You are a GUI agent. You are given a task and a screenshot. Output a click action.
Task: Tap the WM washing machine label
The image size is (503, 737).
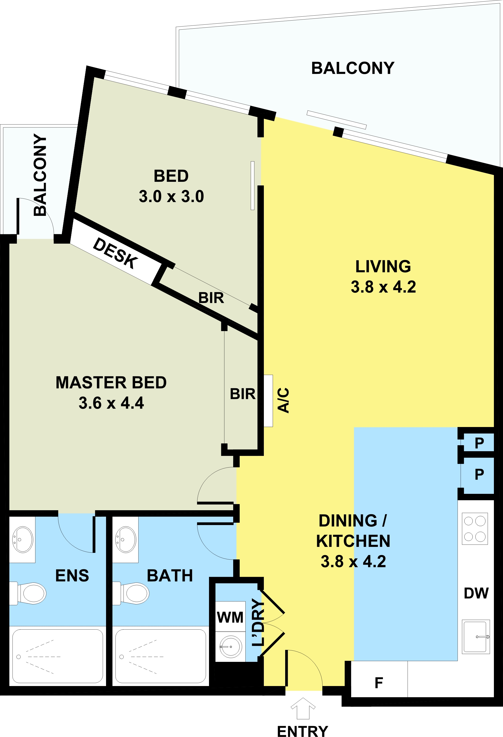230,617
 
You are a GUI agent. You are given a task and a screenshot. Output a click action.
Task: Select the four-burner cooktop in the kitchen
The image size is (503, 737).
475,529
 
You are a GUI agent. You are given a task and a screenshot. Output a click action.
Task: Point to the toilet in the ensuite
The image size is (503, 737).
28,594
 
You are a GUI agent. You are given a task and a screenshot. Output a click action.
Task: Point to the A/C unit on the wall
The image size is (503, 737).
268,401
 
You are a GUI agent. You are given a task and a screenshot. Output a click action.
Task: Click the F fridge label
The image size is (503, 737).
379,683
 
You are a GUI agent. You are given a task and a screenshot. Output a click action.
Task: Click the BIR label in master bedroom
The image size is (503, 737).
243,394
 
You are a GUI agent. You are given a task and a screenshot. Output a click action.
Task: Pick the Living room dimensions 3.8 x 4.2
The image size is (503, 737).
383,287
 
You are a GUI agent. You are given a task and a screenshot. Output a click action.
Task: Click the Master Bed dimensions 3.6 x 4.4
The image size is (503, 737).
111,403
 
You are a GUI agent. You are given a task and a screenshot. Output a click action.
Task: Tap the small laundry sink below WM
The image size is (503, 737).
231,646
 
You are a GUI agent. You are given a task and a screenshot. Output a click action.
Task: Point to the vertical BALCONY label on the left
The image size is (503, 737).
40,175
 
